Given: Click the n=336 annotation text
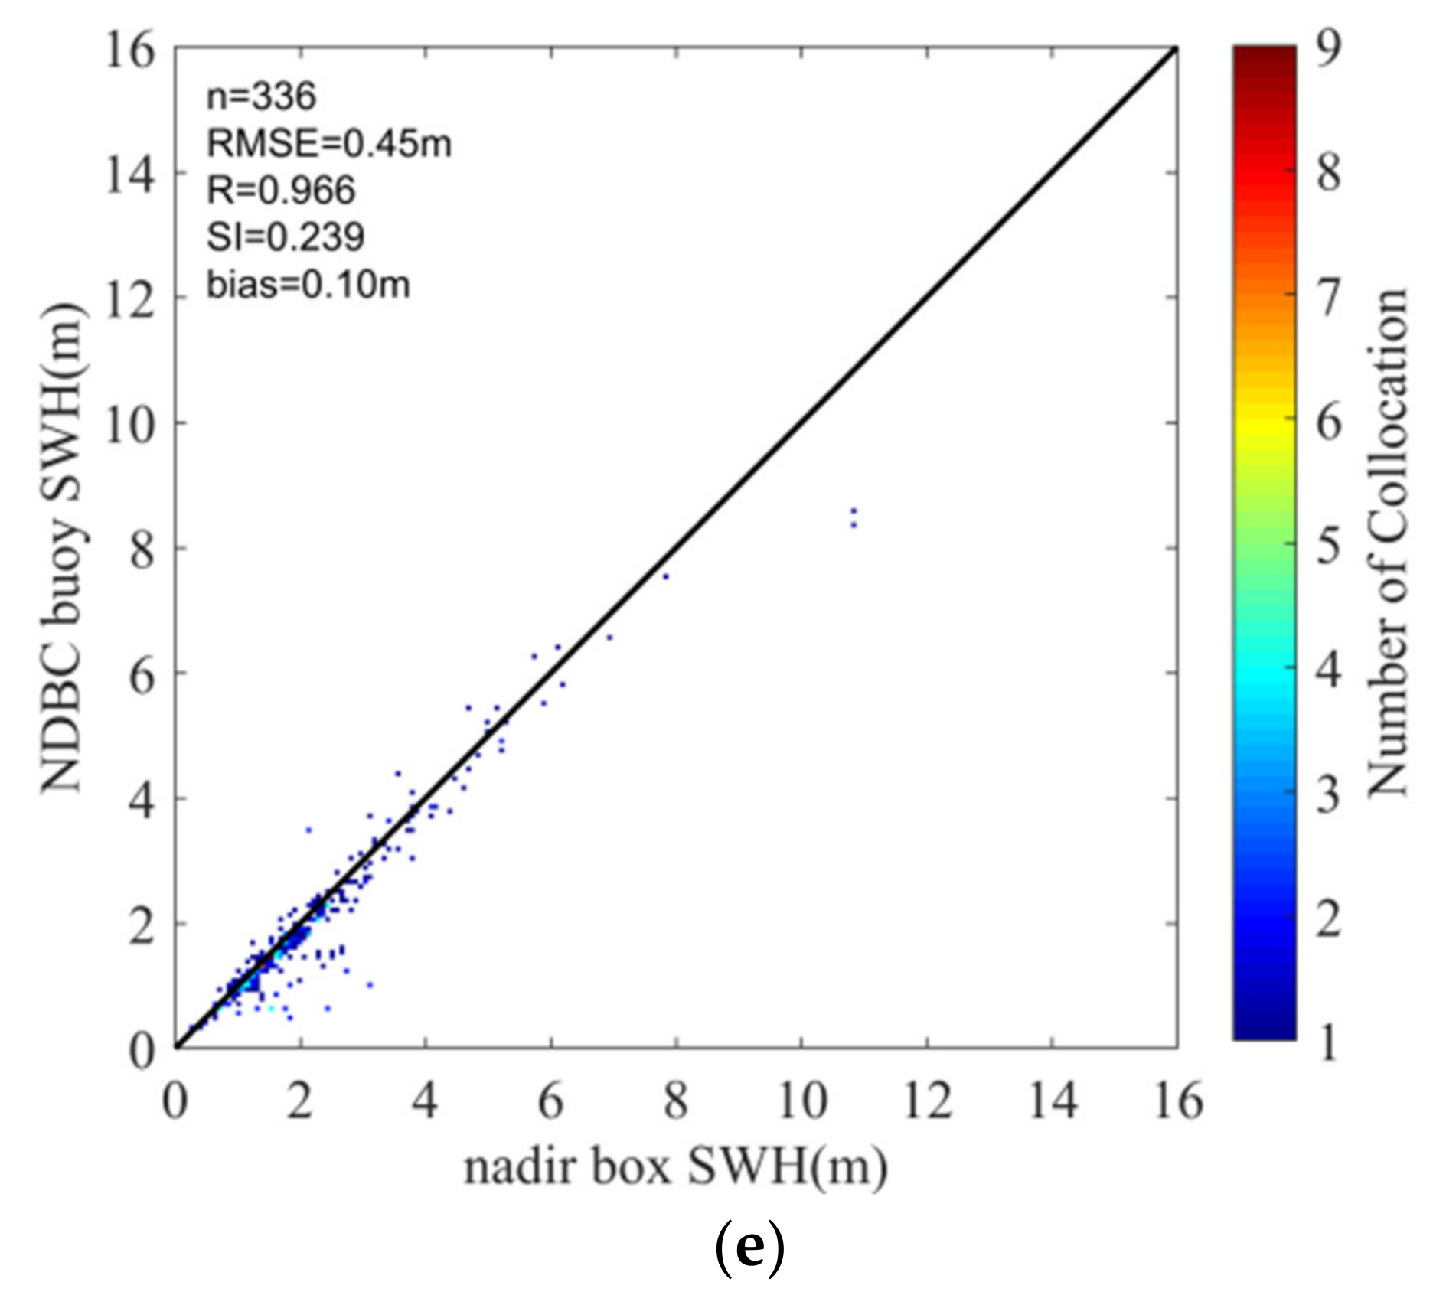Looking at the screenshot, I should coord(261,97).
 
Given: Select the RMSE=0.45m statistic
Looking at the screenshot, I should coord(329,144).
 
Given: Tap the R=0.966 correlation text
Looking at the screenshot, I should coord(281,191).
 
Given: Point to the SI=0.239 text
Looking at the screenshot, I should coord(285,237).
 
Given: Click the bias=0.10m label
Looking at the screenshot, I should coord(308,285).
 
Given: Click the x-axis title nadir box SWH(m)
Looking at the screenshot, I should coord(675,1168).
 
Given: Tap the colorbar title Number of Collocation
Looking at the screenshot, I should coord(1386,542).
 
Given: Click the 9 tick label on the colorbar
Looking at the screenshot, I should coord(1328,49).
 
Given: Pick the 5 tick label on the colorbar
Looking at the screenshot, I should coord(1328,546).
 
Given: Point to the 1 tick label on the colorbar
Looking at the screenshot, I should coord(1328,1042).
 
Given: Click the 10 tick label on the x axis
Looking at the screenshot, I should coord(801,1103).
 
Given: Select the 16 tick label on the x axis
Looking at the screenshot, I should coord(1177,1103).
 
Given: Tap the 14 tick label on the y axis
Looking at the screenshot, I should coord(129,174).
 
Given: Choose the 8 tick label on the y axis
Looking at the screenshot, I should coord(142,549).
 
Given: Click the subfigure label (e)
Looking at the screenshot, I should coord(749,1248).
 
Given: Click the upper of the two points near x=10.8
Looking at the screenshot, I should coord(854,510).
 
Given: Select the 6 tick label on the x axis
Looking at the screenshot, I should coord(551,1103).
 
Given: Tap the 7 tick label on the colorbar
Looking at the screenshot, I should coord(1328,297).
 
